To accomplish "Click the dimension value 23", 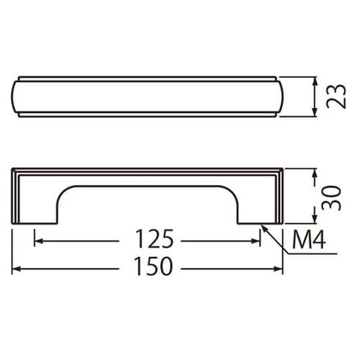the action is pos(336,96).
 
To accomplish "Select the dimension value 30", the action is pos(331,198).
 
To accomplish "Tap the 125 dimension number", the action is pos(154,239).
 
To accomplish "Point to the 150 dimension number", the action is pos(153,266).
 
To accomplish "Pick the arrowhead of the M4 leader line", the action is pos(264,228).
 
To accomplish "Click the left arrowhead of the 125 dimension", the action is pos(38,241).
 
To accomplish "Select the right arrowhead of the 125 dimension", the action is pos(256,241).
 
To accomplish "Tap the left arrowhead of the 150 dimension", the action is pos(16,269).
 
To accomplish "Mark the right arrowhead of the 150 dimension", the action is pos(279,269).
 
